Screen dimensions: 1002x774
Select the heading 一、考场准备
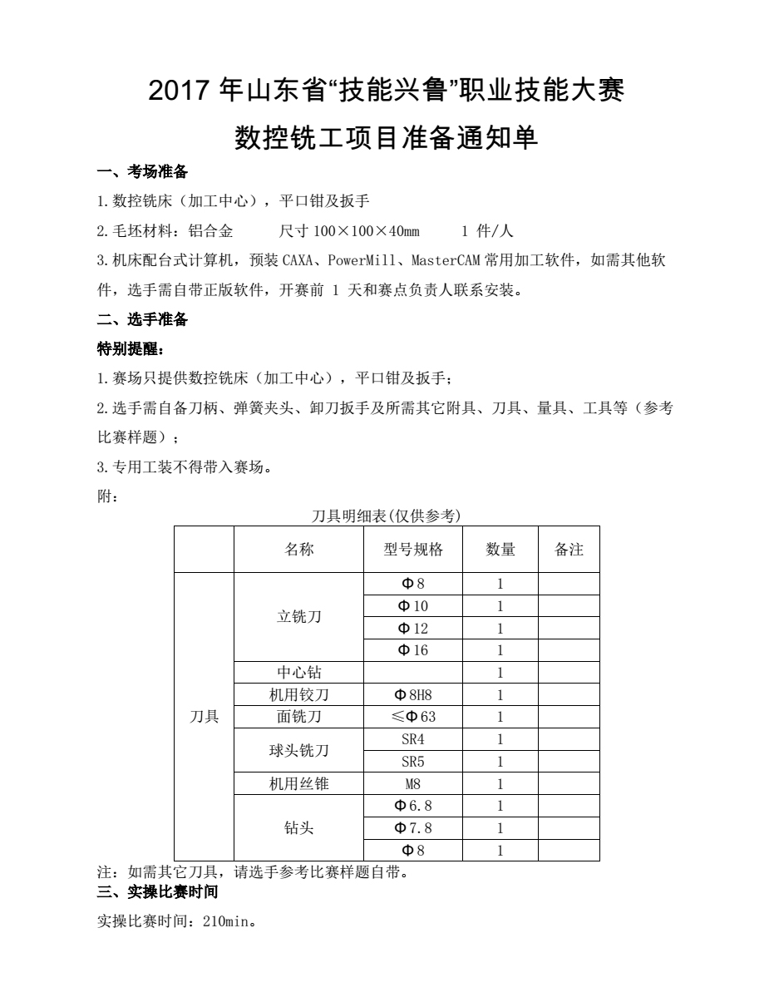tap(142, 172)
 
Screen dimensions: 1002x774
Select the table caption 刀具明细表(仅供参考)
tap(386, 516)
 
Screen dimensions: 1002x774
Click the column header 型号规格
tap(413, 549)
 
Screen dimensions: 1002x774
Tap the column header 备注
tap(569, 549)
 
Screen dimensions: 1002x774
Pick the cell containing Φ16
tap(413, 650)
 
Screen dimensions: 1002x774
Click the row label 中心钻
tap(298, 673)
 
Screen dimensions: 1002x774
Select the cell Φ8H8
tap(413, 695)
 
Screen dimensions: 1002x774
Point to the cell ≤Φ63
tap(413, 717)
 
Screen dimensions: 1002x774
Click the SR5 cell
tap(413, 762)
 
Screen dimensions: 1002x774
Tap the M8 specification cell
tap(413, 784)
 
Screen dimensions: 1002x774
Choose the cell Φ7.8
tap(413, 828)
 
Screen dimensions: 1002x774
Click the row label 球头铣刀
tap(298, 751)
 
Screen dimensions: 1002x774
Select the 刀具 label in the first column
tap(205, 717)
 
